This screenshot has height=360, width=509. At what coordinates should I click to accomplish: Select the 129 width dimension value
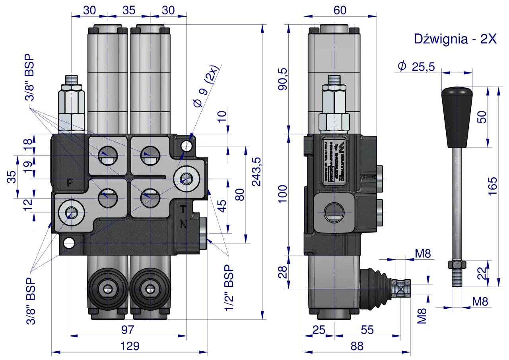(x=130, y=346)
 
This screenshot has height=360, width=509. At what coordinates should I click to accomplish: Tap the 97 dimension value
(x=128, y=330)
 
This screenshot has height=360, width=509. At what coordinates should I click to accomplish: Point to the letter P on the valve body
(x=70, y=183)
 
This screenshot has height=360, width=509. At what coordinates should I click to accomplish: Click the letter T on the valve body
(x=183, y=208)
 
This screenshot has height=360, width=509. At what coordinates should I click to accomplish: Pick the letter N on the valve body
(x=183, y=224)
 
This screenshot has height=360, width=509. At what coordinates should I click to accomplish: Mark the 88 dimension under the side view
(x=357, y=346)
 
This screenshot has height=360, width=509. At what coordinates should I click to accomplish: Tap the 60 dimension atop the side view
(x=340, y=11)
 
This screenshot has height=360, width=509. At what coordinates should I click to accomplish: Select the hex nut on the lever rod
(x=457, y=264)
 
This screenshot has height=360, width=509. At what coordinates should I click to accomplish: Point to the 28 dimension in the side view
(x=283, y=272)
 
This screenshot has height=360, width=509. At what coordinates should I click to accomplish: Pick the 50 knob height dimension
(x=482, y=117)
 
